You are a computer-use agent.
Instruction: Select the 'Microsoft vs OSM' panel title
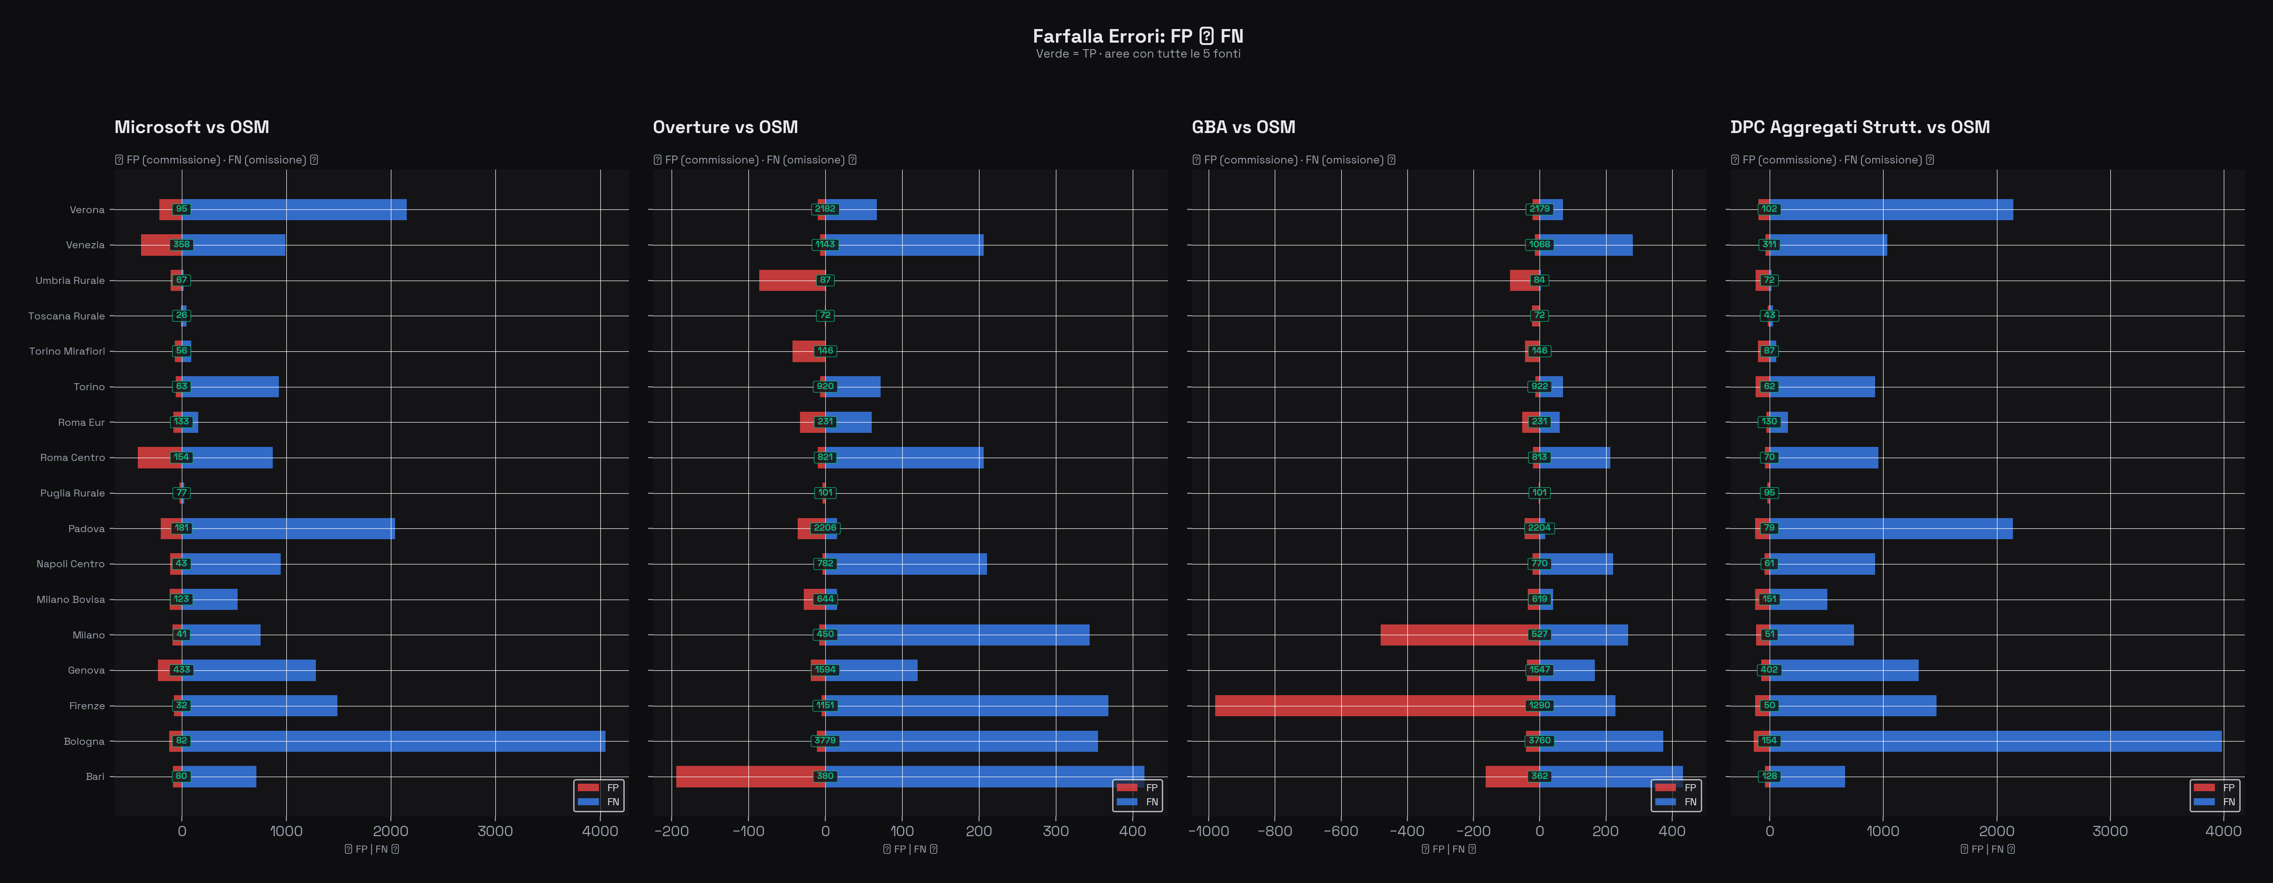coord(192,127)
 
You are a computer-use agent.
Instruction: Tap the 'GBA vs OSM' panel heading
coord(1243,127)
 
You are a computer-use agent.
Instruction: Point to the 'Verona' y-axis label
coord(87,210)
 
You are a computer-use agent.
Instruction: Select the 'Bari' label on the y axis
coord(94,776)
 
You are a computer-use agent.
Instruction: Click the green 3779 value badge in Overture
coord(825,741)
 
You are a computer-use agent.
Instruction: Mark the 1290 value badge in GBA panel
coord(1539,705)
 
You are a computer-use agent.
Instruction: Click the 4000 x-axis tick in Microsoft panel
coord(600,831)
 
